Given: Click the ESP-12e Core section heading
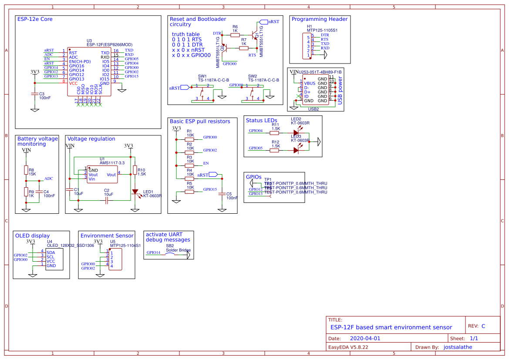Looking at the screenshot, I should (35, 19).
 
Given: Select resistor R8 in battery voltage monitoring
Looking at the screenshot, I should (26, 170).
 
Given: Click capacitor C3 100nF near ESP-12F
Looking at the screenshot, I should (35, 93).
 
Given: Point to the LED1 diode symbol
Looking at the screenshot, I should (135, 192).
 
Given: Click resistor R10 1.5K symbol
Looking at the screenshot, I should (135, 170).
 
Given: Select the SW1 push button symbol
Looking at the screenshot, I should (202, 93).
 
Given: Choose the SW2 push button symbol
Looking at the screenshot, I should (252, 93).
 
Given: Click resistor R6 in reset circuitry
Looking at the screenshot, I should (235, 35).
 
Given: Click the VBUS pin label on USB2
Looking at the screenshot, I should (309, 83).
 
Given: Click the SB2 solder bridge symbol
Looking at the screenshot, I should (170, 255).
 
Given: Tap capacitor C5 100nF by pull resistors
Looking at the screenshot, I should (222, 193).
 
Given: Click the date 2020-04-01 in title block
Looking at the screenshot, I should (365, 338).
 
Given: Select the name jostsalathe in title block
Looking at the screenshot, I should (457, 347).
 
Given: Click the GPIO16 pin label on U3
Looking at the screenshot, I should (77, 66).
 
